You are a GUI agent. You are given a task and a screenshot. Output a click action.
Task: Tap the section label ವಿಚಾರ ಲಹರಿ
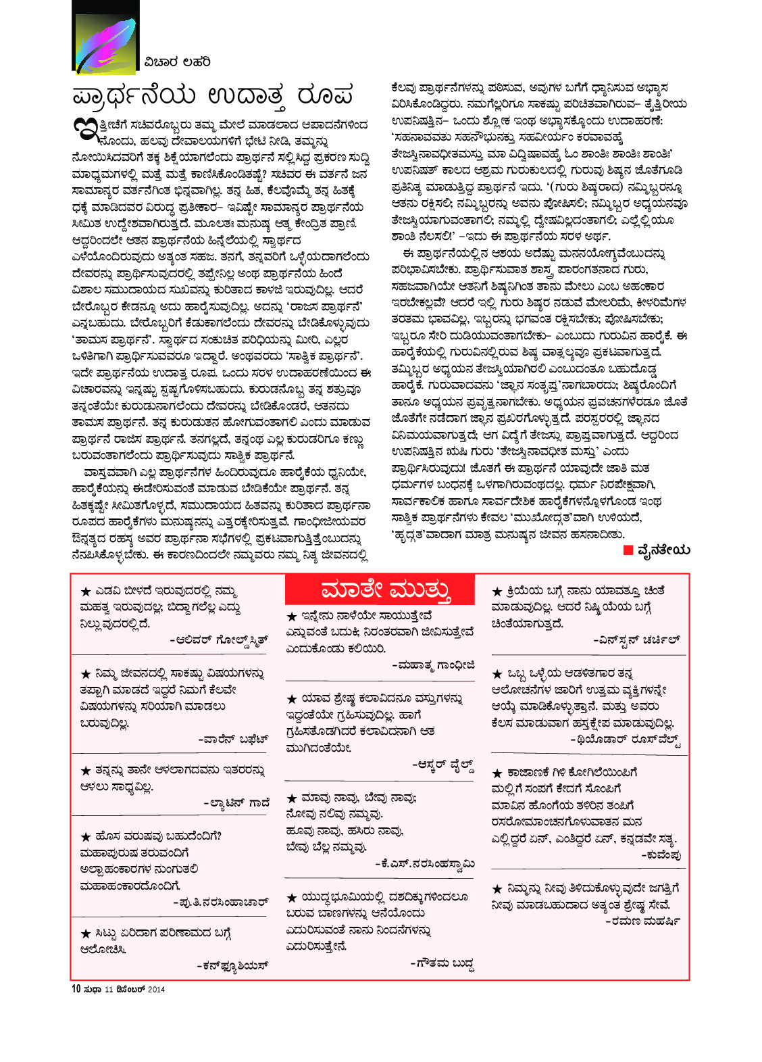177,62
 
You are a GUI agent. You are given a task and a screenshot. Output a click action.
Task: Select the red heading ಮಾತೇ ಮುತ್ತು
386,589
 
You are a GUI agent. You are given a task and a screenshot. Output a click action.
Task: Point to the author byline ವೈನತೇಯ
663,550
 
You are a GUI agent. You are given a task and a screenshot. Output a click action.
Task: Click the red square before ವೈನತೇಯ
628,550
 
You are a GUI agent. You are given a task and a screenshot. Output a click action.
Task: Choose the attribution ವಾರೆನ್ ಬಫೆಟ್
233,739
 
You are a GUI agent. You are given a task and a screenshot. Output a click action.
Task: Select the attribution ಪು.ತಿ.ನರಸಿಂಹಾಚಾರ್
221,902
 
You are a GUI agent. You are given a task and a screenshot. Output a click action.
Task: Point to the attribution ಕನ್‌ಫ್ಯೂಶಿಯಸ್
232,965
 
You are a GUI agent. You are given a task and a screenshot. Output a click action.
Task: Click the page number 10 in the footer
76,989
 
